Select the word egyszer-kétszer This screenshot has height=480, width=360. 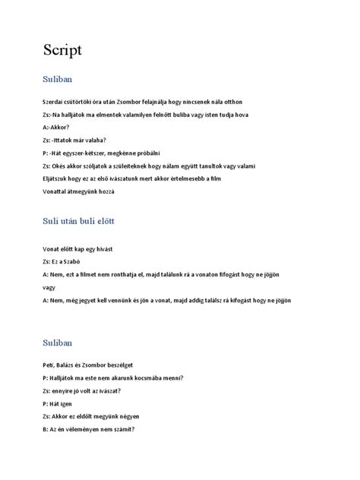[90, 153]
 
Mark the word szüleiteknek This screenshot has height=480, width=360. [137, 166]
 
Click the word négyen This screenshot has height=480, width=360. [128, 417]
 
